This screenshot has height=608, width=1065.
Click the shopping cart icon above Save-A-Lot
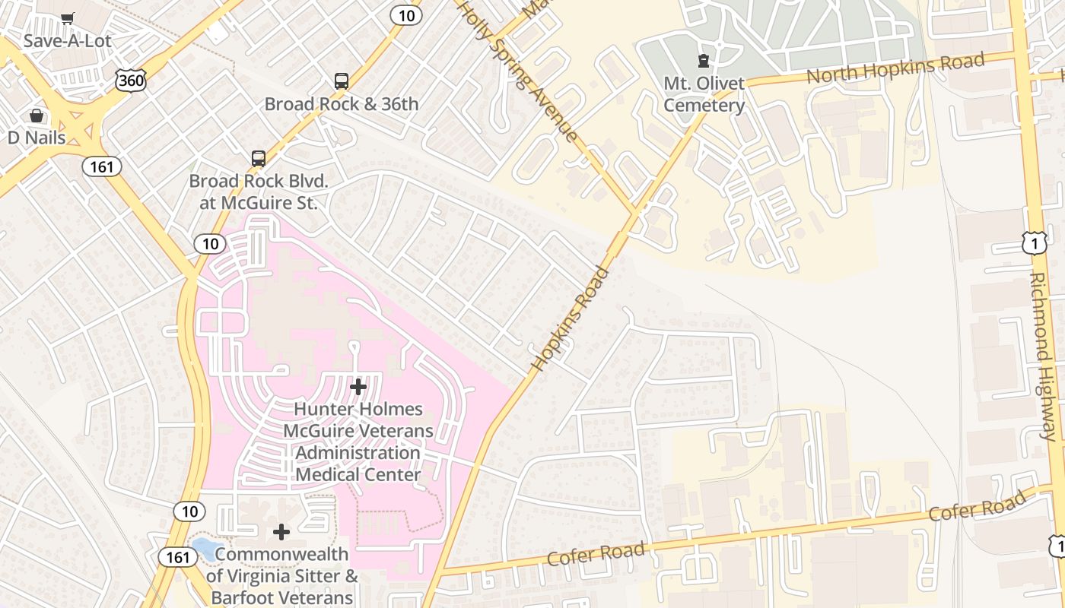click(x=68, y=18)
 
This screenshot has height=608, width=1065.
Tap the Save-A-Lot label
click(x=67, y=40)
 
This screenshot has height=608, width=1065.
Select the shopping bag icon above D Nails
click(x=37, y=116)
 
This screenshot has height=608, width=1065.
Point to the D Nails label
click(x=37, y=138)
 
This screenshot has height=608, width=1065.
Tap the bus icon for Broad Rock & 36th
click(x=342, y=81)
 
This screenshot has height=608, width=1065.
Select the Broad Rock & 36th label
click(x=342, y=104)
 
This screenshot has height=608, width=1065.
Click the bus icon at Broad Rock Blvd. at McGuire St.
click(x=259, y=159)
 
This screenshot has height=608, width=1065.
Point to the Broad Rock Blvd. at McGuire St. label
click(x=259, y=192)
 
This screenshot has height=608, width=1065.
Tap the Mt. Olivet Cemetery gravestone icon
click(x=704, y=60)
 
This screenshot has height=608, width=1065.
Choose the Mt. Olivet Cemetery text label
click(x=704, y=94)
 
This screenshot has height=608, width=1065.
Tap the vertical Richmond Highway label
click(x=1043, y=356)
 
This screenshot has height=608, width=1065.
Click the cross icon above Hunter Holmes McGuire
click(x=358, y=387)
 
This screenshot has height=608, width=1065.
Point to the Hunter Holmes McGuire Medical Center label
click(x=358, y=442)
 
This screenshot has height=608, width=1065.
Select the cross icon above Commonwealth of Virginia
click(x=281, y=532)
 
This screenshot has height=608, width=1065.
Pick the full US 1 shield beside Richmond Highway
click(x=1035, y=243)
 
